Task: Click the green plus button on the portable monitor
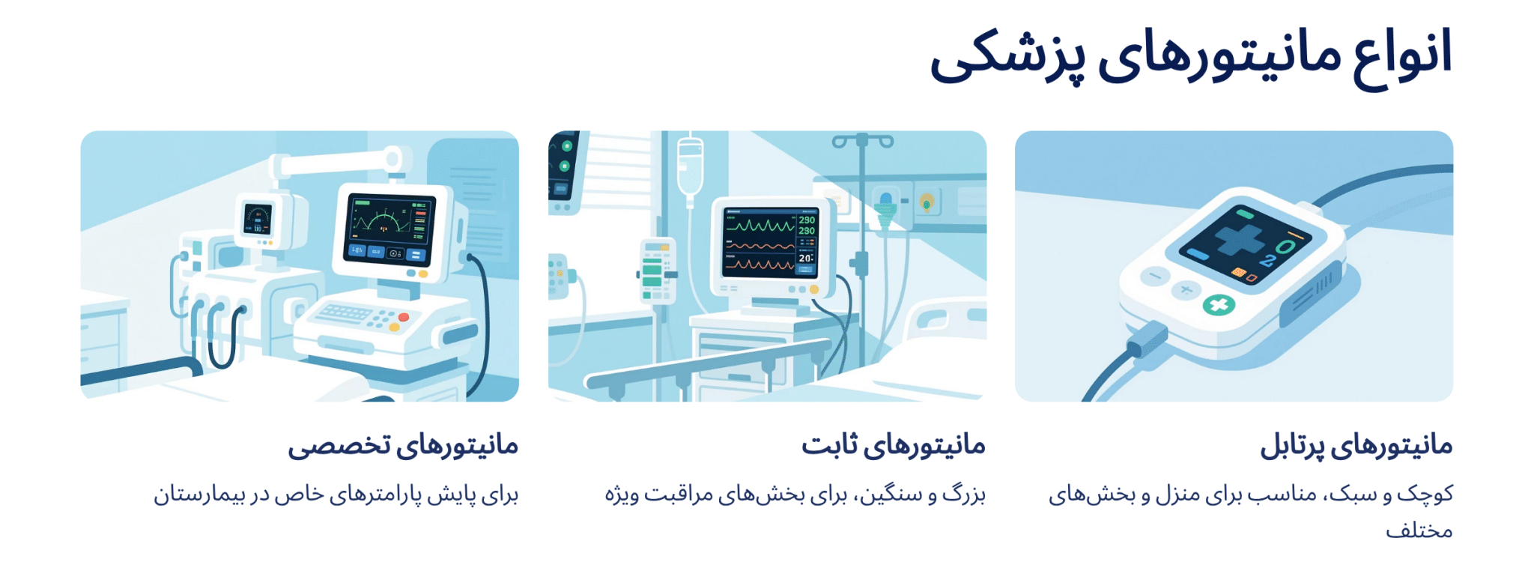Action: (1219, 305)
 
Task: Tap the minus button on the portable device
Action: (1154, 277)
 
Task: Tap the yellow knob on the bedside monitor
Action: (814, 289)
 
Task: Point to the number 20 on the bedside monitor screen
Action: (805, 259)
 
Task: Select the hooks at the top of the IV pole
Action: (863, 141)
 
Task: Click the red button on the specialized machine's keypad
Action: (404, 317)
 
